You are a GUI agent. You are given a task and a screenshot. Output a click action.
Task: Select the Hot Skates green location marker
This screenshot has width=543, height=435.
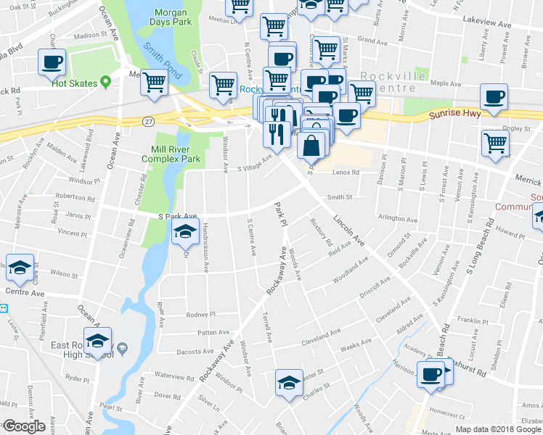pyautogui.click(x=105, y=83)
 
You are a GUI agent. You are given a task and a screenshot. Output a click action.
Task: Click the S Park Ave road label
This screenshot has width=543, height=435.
pyautogui.click(x=177, y=216)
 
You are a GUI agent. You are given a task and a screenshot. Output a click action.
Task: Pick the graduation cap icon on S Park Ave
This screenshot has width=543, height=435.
pyautogui.click(x=185, y=231)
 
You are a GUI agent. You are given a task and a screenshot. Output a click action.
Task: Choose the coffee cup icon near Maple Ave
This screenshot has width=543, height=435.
pyautogui.click(x=494, y=96)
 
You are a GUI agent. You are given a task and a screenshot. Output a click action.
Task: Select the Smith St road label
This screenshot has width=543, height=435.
pyautogui.click(x=339, y=196)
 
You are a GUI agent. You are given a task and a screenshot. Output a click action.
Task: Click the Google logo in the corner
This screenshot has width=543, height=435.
pyautogui.click(x=23, y=426)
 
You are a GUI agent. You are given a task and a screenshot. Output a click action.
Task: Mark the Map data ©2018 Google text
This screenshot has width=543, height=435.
pyautogui.click(x=499, y=428)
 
